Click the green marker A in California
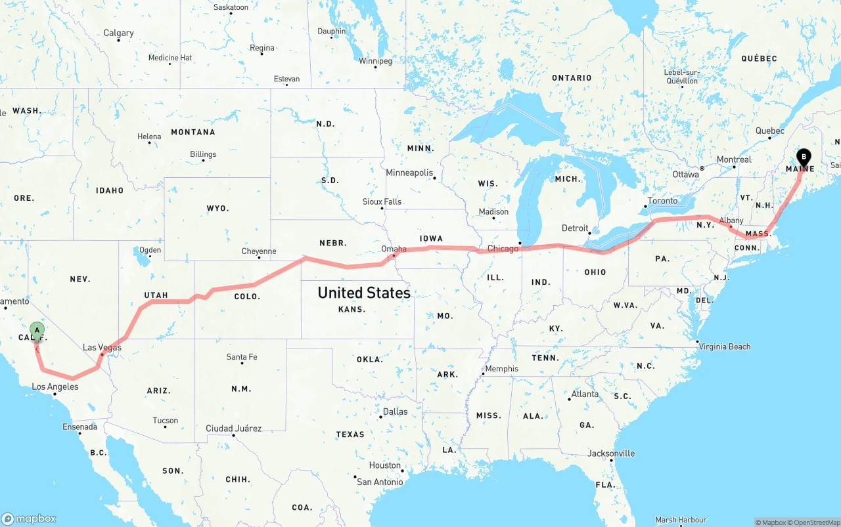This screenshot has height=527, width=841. click(37, 330)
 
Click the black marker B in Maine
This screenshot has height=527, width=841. click(804, 158)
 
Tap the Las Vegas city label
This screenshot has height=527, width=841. click(102, 347)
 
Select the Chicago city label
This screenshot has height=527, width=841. click(503, 249)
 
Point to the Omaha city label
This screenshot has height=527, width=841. click(394, 249)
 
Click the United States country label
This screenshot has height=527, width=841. click(364, 293)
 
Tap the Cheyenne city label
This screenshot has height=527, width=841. click(258, 251)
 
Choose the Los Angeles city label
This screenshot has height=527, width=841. click(55, 387)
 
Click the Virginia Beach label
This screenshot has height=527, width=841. click(724, 347)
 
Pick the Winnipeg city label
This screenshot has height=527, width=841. click(375, 61)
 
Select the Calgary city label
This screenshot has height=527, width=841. click(118, 33)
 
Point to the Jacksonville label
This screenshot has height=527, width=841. click(611, 453)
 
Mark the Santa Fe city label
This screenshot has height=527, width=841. click(241, 357)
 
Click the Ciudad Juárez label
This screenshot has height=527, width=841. click(233, 429)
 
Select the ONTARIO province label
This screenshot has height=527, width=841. click(572, 77)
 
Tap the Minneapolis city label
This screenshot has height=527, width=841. click(409, 173)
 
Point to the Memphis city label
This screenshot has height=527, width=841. click(501, 369)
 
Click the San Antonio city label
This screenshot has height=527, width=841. click(380, 482)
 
